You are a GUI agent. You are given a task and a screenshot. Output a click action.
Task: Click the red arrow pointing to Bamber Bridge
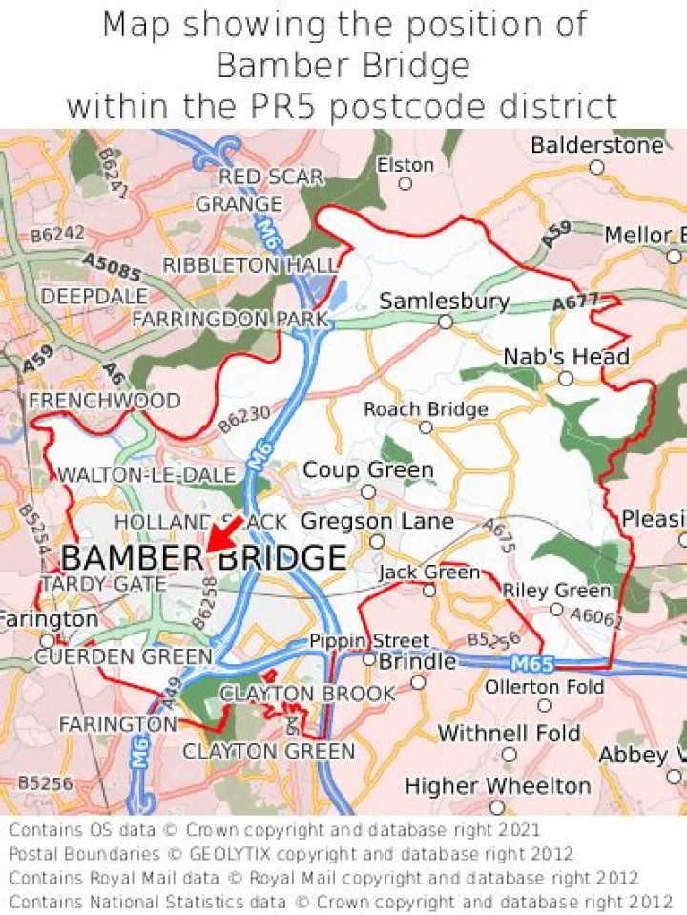click(223, 534)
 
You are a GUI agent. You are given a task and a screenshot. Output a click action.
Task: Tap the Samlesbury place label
click(444, 302)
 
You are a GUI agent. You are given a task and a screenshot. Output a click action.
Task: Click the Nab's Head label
click(566, 357)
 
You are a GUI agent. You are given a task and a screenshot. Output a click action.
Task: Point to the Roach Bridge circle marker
click(426, 426)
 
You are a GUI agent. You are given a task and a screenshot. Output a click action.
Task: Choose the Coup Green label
click(367, 470)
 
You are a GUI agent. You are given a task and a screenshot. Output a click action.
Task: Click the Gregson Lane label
click(377, 522)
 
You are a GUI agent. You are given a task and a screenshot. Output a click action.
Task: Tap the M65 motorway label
click(531, 663)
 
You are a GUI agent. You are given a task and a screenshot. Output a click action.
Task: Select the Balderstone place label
click(596, 146)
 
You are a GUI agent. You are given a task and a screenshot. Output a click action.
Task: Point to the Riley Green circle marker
click(556, 609)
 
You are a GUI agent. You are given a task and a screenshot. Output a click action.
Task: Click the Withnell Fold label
click(509, 734)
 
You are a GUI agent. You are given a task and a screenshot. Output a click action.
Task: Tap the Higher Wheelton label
click(497, 786)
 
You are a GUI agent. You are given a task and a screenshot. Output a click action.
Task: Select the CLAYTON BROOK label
click(307, 694)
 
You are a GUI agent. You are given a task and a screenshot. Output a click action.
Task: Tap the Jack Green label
click(429, 572)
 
